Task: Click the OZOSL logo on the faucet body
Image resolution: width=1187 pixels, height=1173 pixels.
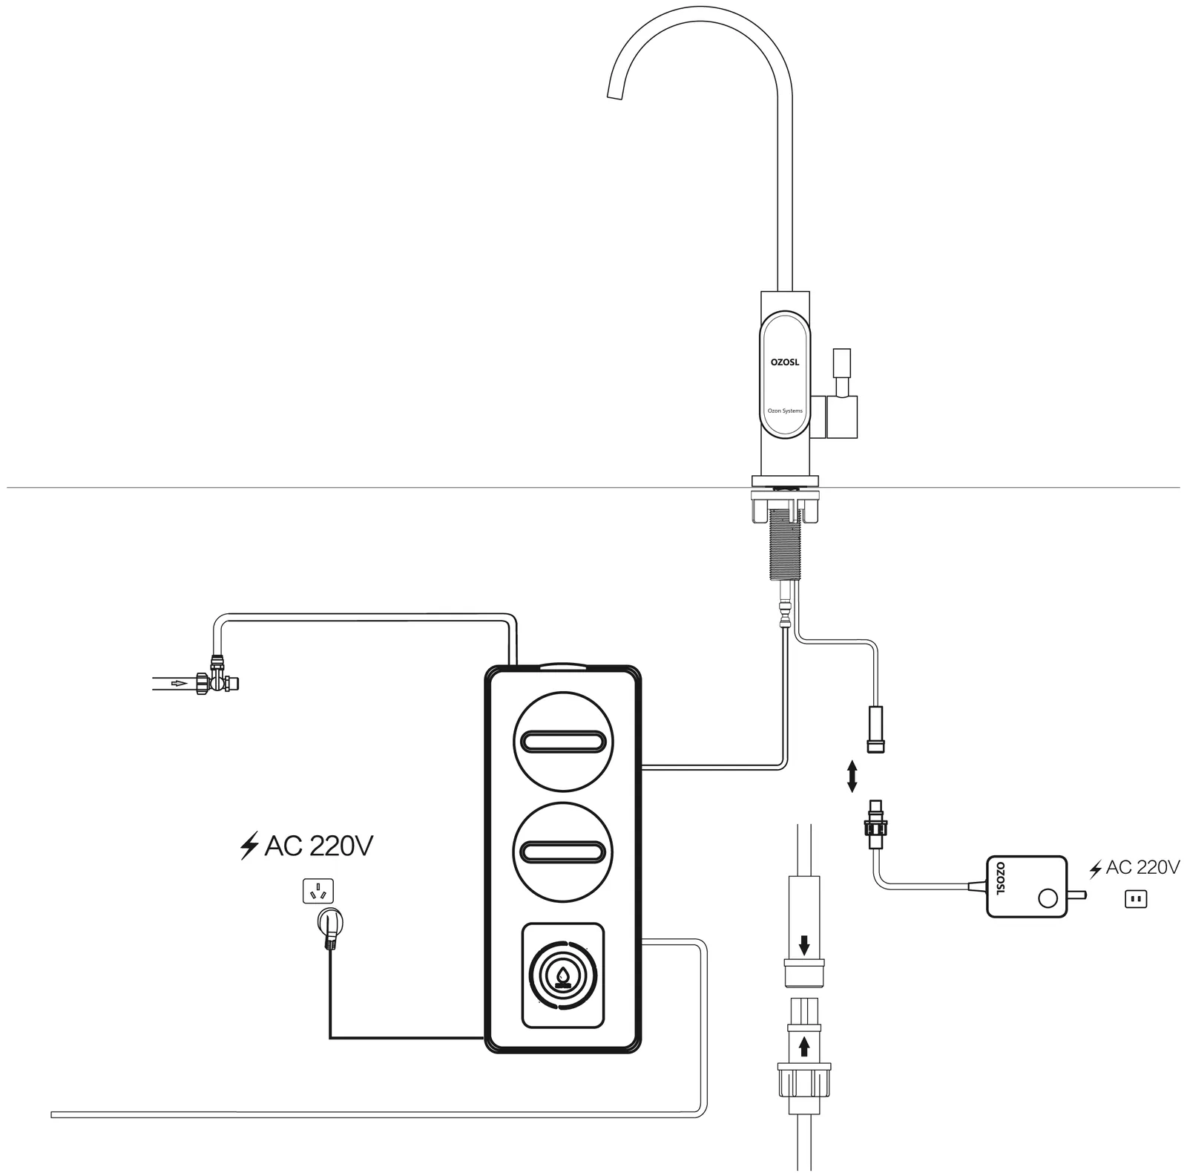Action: pyautogui.click(x=784, y=362)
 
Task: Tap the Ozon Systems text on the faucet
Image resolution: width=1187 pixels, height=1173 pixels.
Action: pyautogui.click(x=785, y=411)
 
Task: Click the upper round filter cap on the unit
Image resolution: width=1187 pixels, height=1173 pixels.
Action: pyautogui.click(x=564, y=741)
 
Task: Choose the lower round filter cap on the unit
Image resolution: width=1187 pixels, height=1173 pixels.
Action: pyautogui.click(x=564, y=852)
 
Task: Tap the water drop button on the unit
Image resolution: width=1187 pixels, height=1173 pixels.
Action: pyautogui.click(x=562, y=976)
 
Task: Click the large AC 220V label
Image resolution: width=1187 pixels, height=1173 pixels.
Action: pyautogui.click(x=306, y=846)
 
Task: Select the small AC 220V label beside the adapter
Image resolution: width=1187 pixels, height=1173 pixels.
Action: pyautogui.click(x=1134, y=867)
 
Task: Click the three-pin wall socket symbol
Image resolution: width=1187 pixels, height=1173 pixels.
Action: pyautogui.click(x=318, y=891)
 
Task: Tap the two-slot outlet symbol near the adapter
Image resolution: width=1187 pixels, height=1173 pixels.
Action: pyautogui.click(x=1136, y=900)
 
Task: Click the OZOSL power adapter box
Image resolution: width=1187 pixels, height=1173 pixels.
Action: pyautogui.click(x=1027, y=886)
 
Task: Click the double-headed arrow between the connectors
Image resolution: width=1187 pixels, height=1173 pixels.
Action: pyautogui.click(x=852, y=776)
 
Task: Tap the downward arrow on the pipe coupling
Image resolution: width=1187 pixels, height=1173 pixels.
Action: pyautogui.click(x=804, y=945)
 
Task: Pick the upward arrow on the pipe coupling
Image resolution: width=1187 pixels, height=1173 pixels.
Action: pyautogui.click(x=804, y=1047)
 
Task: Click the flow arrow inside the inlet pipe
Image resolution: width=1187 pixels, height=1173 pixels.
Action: pyautogui.click(x=179, y=682)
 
